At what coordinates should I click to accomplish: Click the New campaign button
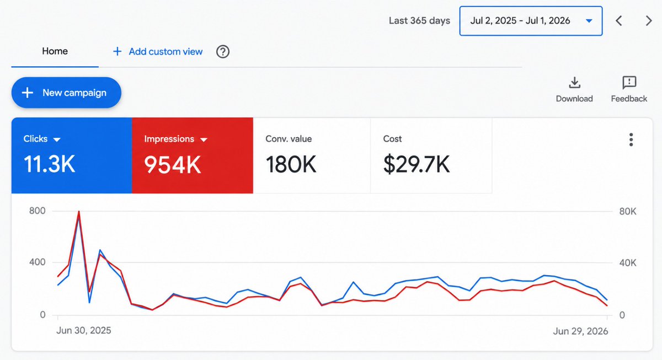tap(66, 93)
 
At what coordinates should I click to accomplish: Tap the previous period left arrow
tap(619, 20)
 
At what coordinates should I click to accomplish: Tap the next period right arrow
tap(649, 20)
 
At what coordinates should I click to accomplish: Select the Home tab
tap(55, 51)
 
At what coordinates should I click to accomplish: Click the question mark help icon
tap(222, 52)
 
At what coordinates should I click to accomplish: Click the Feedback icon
tap(629, 82)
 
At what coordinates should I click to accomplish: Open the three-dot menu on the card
tap(631, 139)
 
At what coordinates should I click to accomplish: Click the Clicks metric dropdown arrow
tap(57, 139)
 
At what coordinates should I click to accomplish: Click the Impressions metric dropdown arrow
tap(204, 139)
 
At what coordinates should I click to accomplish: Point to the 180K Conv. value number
tap(291, 164)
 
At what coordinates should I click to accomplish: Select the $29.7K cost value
tap(417, 164)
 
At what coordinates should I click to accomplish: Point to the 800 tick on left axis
tap(38, 211)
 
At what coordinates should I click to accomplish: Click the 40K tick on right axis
tap(628, 262)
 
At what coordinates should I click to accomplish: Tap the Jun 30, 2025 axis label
tap(84, 330)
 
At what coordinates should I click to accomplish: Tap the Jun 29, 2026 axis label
tap(580, 331)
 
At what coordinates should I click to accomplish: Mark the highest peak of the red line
tap(79, 212)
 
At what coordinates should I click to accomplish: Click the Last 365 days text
tap(419, 20)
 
